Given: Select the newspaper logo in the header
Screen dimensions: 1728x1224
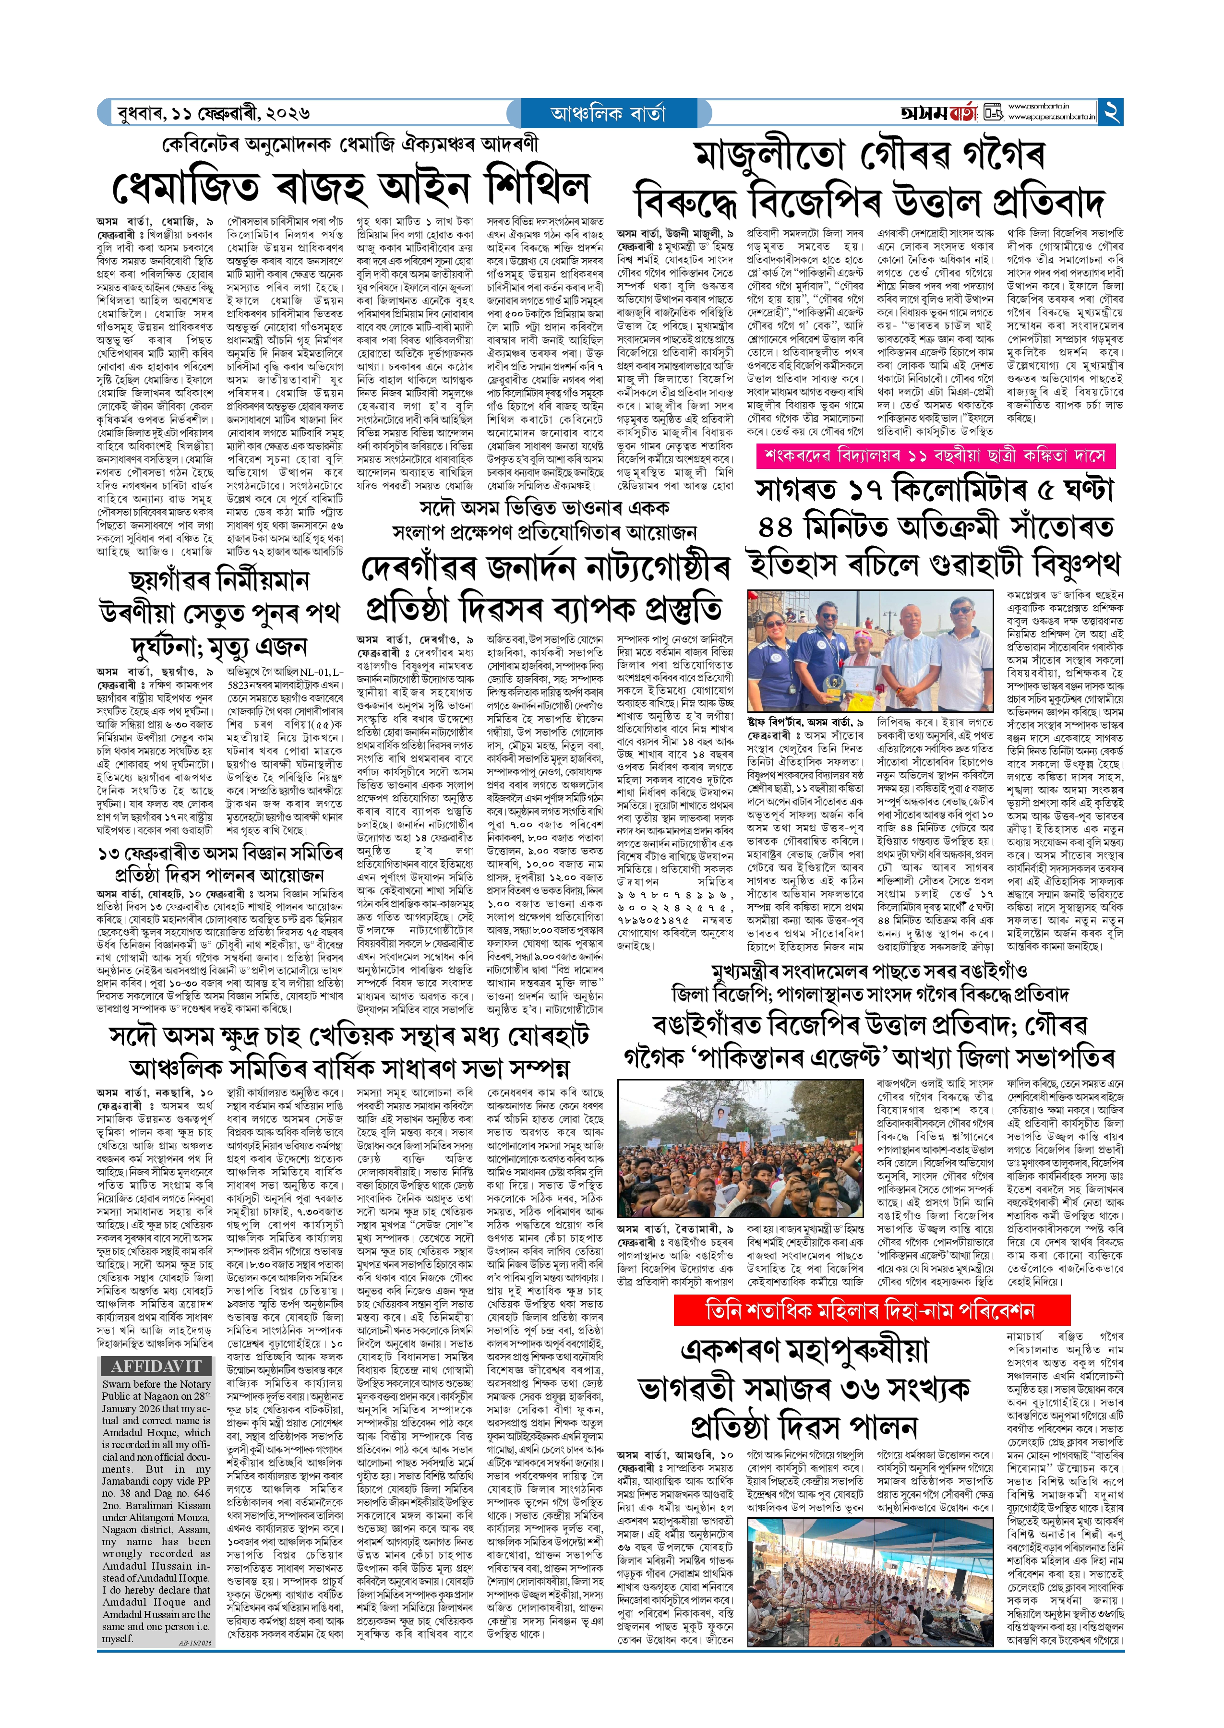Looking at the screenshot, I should (939, 113).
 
